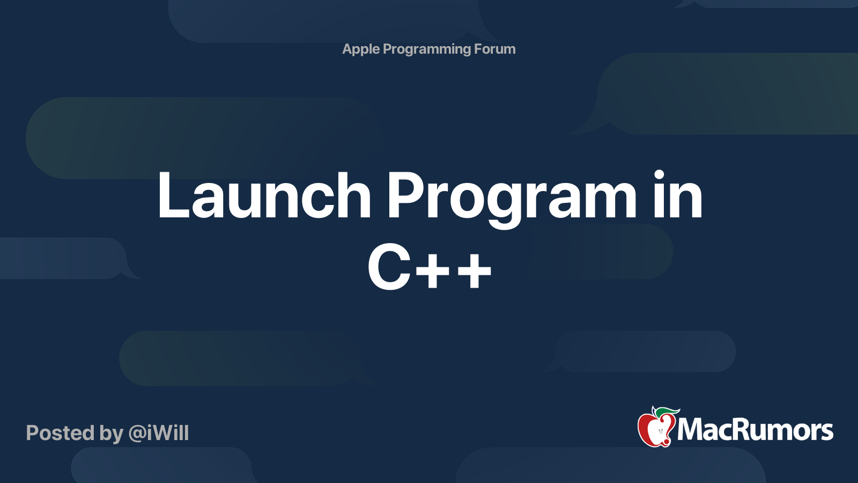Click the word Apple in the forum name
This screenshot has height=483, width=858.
tap(361, 49)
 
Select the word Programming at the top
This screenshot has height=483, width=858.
tap(427, 49)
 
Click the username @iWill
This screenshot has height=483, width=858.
tap(158, 433)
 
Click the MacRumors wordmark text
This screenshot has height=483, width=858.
tap(755, 430)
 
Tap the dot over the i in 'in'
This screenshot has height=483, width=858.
tap(660, 174)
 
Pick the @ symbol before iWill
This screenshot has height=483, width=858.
tap(137, 433)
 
